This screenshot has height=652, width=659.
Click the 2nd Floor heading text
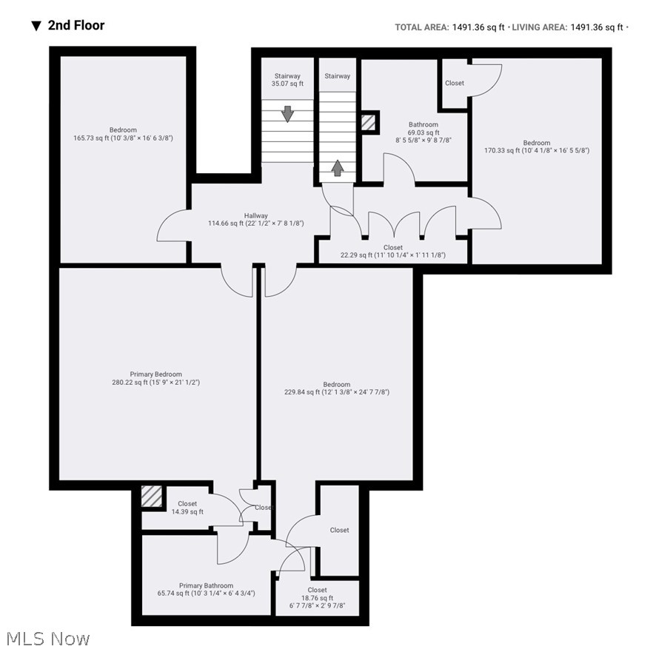(x=76, y=25)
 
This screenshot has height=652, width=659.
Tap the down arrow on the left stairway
(x=287, y=115)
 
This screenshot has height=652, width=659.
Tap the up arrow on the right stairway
(x=337, y=168)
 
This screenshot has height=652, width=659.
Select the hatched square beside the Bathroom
(x=368, y=123)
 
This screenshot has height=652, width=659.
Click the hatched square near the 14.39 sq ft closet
(x=152, y=497)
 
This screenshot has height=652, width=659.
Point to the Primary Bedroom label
(x=155, y=374)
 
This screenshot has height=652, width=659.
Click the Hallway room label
(x=256, y=216)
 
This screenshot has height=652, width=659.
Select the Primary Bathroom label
(x=206, y=585)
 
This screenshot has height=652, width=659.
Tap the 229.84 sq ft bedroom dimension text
(x=336, y=392)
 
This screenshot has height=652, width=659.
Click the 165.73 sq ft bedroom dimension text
(x=123, y=138)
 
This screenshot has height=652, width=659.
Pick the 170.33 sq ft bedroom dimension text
(x=537, y=150)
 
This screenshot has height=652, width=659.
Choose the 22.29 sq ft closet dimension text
(x=393, y=255)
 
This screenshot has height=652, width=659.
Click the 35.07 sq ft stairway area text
(x=287, y=84)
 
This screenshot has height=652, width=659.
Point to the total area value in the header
(x=478, y=27)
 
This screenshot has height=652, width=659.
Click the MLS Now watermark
(x=47, y=638)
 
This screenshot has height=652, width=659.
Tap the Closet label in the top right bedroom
(x=455, y=83)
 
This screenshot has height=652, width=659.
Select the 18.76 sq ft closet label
(x=317, y=590)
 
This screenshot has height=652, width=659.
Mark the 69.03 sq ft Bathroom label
(x=424, y=124)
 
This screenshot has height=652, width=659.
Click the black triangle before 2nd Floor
(x=36, y=26)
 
